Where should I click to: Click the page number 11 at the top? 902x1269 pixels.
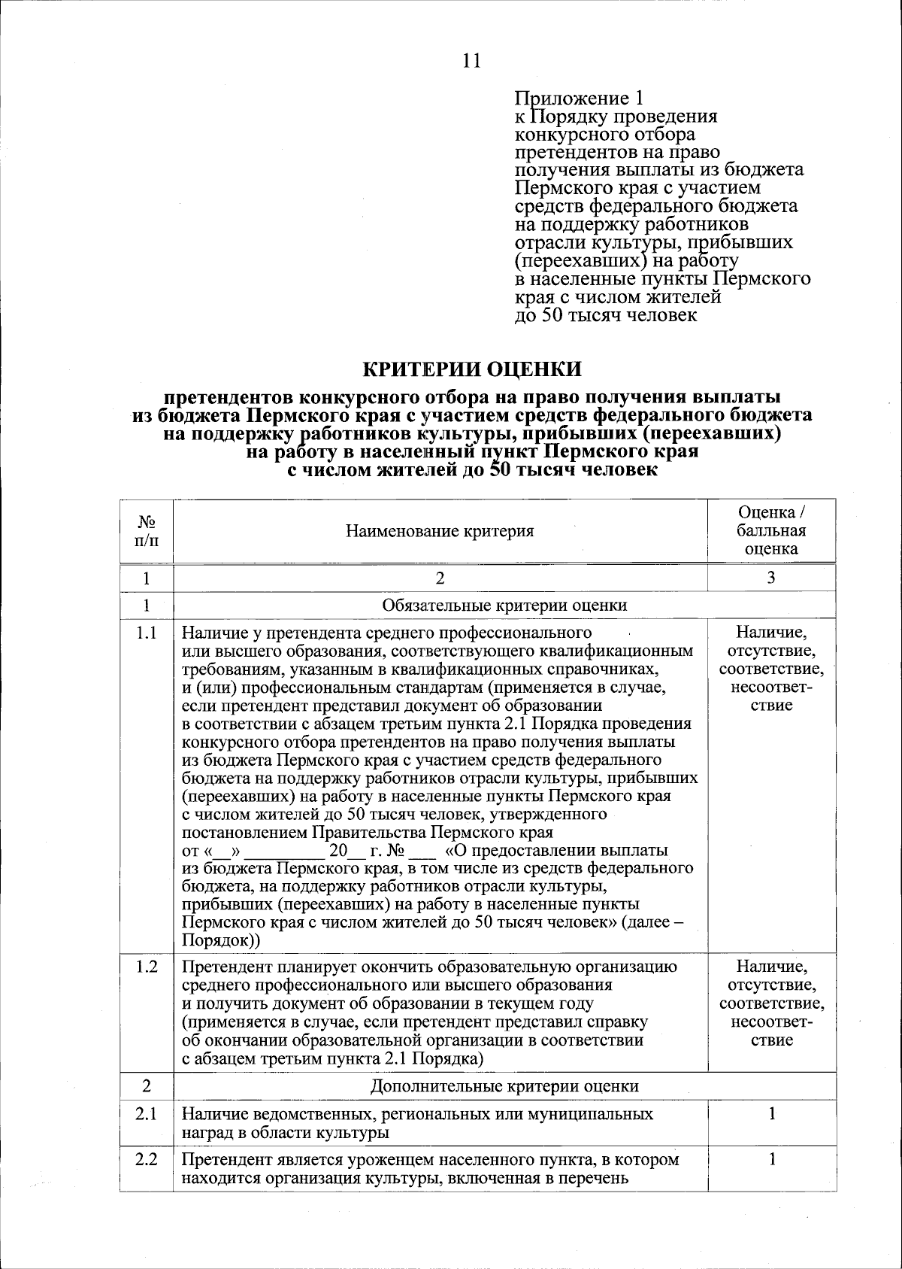coord(471,61)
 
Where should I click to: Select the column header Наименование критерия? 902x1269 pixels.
coord(440,531)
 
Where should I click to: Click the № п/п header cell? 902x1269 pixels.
coord(147,531)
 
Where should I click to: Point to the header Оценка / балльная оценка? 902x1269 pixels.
coord(771,530)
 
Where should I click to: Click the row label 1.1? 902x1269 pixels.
coord(147,633)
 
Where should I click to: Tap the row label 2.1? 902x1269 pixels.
coord(147,1113)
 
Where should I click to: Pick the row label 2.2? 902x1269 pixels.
coord(147,1159)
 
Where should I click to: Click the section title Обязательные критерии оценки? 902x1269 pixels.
coord(504,605)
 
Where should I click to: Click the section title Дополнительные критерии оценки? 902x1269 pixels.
coord(504,1085)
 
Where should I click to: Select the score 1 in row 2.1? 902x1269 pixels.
coord(771,1113)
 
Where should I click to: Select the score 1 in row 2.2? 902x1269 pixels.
coord(771,1159)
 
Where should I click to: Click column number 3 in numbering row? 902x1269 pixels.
coord(771,577)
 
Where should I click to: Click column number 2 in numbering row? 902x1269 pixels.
coord(440,577)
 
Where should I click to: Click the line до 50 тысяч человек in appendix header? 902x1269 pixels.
coord(605,315)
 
